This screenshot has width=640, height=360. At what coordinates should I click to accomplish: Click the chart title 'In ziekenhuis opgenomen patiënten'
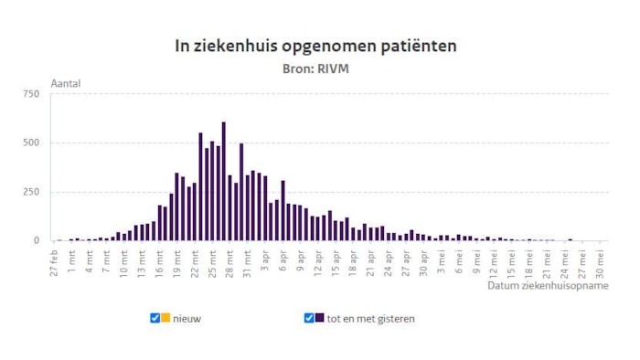coord(315,45)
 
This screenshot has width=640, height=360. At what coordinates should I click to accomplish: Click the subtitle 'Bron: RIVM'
coord(316,67)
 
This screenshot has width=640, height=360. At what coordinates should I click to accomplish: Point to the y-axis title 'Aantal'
coord(66,83)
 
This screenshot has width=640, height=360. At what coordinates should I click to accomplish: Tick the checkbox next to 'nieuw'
coord(155,318)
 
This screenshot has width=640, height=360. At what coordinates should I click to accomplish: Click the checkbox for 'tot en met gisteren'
coord(309,318)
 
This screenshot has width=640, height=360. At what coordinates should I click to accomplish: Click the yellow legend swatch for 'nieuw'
coord(165,318)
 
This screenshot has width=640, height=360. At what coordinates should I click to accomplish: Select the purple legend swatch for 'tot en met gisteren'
coord(319,318)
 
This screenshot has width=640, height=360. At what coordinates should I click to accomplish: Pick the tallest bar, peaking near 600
coord(223,182)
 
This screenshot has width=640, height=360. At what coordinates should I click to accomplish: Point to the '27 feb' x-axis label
coord(54,264)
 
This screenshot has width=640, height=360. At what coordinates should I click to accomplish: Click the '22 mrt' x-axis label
coord(195,264)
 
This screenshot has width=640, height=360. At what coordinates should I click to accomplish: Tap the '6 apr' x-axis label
coord(283,262)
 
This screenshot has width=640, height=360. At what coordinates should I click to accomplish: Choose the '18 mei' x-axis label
coord(528,264)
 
